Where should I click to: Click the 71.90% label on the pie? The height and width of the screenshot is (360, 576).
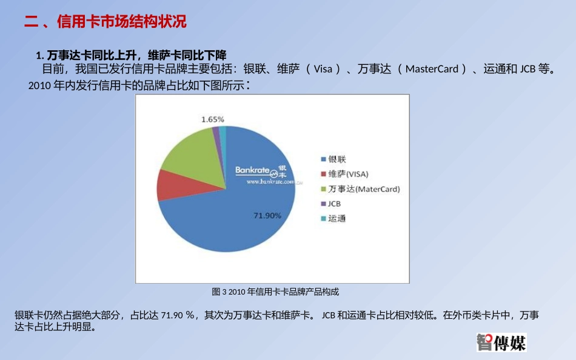tap(267, 215)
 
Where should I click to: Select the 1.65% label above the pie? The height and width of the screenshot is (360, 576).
tap(212, 119)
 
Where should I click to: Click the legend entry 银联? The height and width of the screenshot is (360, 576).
tap(337, 159)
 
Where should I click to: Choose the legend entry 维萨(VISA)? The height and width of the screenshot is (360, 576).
tap(347, 174)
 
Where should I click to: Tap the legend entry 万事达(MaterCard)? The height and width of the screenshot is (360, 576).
tap(363, 189)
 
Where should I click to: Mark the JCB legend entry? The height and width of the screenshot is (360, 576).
tap(334, 204)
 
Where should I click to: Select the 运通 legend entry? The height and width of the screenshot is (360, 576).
tap(337, 218)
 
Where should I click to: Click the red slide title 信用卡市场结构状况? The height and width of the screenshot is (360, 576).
tap(121, 22)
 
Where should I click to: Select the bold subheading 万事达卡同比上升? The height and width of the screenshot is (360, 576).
tap(88, 55)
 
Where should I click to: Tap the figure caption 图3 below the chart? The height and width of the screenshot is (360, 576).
tap(275, 292)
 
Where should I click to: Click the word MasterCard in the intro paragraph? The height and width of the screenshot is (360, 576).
tap(432, 68)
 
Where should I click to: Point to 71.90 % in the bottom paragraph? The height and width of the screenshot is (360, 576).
tap(177, 315)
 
